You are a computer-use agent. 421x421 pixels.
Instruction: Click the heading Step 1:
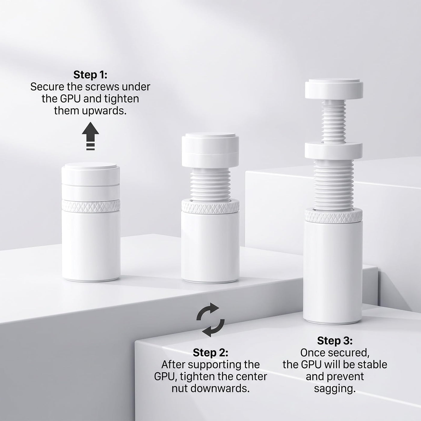(x=90, y=75)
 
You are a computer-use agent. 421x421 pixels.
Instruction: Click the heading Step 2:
(x=210, y=353)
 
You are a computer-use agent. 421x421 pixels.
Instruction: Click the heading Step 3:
(x=335, y=341)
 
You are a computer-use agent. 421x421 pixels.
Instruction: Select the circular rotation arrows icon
(x=210, y=320)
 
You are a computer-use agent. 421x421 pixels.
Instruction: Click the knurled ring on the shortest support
(x=91, y=206)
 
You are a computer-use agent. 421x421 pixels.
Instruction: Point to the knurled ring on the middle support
(x=210, y=207)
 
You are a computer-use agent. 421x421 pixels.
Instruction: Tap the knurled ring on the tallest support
(x=333, y=216)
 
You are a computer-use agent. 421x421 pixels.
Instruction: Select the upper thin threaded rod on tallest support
(x=334, y=122)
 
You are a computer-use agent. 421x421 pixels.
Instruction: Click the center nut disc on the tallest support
(x=333, y=151)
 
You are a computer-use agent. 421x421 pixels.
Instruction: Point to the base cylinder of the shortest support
(x=91, y=246)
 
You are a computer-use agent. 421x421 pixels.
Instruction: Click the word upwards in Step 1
(x=104, y=111)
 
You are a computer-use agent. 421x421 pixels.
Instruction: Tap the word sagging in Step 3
(x=335, y=389)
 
